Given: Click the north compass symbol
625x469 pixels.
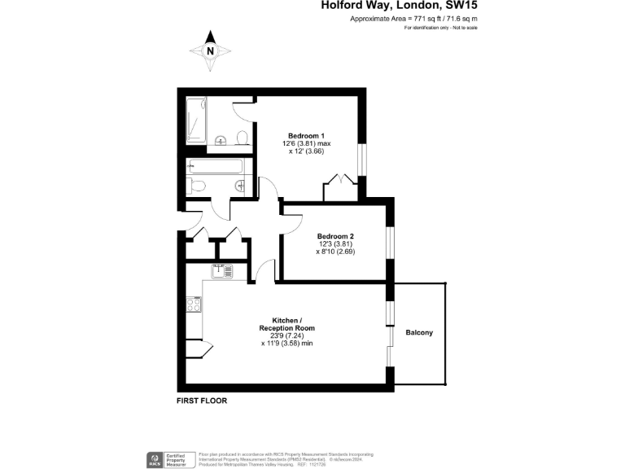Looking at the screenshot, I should point(210,50).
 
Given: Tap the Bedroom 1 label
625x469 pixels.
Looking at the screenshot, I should point(307,136).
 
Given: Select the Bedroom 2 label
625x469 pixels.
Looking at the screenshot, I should point(335,236).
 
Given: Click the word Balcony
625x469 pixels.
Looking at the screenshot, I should point(420,332).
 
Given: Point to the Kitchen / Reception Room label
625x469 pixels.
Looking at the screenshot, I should point(287,324).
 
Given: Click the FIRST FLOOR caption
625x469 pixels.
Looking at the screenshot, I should point(202,401).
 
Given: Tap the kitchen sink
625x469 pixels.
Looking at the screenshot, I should point(219,272).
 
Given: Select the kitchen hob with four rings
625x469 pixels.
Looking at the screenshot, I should point(194,305).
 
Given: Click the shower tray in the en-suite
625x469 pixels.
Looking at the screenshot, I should point(196,121).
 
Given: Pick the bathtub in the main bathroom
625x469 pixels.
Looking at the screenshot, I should point(214,168).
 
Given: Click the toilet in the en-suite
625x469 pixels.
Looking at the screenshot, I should point(242,137).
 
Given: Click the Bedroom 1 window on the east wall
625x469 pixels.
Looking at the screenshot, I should point(363,160).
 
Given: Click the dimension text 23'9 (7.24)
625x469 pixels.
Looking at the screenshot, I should point(287,335).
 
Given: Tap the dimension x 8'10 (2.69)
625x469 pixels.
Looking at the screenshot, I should point(335,252).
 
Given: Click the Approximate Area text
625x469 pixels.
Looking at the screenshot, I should point(413,18).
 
